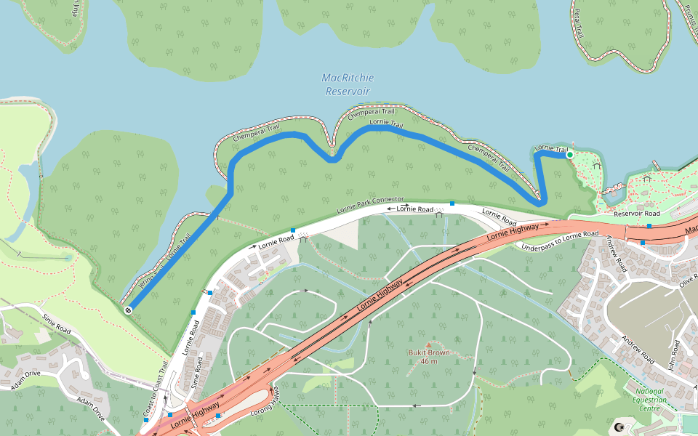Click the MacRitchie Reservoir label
coord(347,84)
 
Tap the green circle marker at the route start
coord(569,155)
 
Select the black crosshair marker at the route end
coord(129,310)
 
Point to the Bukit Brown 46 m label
coord(428,357)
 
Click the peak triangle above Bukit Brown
coord(428,345)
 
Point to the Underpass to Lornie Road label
coord(560,241)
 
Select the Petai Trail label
coord(579,20)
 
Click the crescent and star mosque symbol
coord(619,428)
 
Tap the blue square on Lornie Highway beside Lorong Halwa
coord(218,416)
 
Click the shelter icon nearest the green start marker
coord(596,165)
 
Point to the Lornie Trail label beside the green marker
coord(550,148)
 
